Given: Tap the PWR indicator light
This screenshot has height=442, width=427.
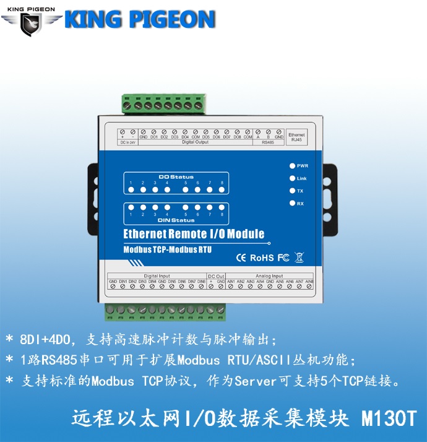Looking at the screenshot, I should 292,166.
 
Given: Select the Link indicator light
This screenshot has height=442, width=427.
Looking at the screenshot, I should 292,178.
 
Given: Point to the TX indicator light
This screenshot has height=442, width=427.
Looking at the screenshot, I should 292,191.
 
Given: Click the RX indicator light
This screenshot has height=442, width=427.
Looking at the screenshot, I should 292,203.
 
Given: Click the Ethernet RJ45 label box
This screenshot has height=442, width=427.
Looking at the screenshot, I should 296,137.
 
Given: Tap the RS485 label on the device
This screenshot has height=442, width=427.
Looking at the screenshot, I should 267,142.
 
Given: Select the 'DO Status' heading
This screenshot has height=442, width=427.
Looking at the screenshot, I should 176,177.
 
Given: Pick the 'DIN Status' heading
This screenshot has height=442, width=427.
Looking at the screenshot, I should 176,220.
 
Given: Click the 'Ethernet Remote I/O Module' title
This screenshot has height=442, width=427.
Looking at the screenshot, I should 194,234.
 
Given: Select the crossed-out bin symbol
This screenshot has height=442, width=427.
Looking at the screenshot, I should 299,257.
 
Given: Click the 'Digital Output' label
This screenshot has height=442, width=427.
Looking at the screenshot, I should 196,142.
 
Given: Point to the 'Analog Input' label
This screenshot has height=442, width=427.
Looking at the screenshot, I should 269,275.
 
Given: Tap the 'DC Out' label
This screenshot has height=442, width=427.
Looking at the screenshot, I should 216,275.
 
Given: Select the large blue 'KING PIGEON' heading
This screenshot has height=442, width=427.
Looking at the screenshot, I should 139,20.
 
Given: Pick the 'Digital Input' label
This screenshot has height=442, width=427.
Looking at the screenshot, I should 157,275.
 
